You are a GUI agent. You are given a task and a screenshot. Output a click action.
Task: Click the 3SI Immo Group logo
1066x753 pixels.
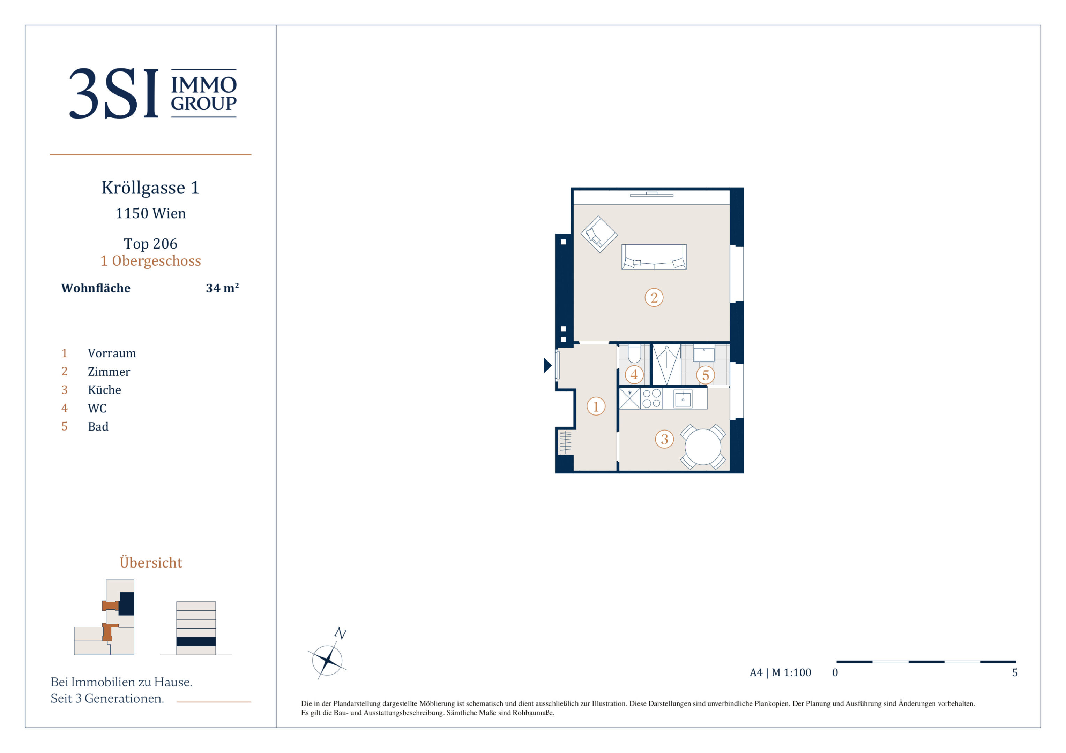pos(153,93)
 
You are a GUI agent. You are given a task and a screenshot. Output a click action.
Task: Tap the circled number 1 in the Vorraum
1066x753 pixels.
pos(596,406)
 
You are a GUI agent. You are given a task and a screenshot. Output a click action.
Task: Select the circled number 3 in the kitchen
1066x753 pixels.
pos(664,439)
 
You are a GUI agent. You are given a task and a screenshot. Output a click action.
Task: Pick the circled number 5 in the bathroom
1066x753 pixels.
pos(705,375)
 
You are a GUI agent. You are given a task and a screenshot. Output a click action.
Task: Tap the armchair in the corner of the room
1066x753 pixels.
pos(599,234)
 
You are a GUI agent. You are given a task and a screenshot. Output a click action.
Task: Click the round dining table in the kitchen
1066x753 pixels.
pos(702,447)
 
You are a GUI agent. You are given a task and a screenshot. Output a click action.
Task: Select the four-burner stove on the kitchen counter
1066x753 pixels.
pos(651,398)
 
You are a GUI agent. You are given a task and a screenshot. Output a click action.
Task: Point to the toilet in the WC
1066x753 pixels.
pos(634,353)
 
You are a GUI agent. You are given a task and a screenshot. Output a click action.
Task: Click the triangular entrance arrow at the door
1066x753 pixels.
pos(547,366)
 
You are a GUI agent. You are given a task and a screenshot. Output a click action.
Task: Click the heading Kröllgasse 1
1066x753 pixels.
pos(150,188)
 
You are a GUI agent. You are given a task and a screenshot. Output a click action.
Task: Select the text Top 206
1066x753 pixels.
pos(150,244)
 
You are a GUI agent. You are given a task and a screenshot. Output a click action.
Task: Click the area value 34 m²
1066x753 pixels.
pos(222,288)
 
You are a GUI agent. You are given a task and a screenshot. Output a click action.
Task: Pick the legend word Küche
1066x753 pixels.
pos(104,390)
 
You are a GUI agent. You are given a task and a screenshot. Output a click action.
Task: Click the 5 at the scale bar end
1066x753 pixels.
pos(1015,673)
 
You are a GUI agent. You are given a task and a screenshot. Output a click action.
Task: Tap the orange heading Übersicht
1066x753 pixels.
pos(151,562)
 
